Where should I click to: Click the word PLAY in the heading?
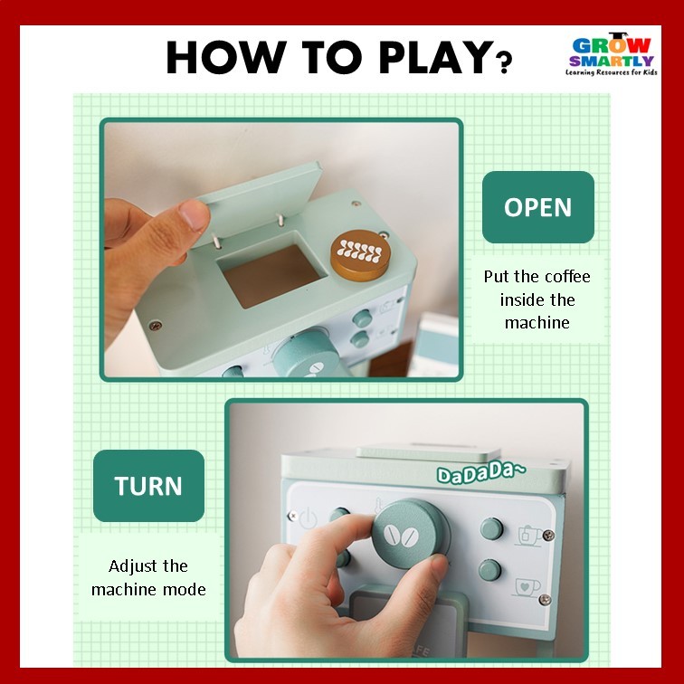pyautogui.click(x=435, y=57)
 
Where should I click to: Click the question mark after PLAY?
pyautogui.click(x=503, y=62)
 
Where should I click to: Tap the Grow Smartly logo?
pyautogui.click(x=612, y=54)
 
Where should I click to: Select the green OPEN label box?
pyautogui.click(x=537, y=207)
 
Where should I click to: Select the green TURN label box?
pyautogui.click(x=148, y=486)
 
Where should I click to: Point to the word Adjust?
pyautogui.click(x=130, y=566)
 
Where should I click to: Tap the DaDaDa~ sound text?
pyautogui.click(x=481, y=472)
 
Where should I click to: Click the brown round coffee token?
pyautogui.click(x=360, y=255)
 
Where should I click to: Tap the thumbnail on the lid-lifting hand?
pyautogui.click(x=195, y=215)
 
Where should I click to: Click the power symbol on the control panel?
pyautogui.click(x=308, y=518)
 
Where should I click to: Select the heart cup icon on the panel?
pyautogui.click(x=527, y=587)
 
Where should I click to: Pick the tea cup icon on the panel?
pyautogui.click(x=529, y=536)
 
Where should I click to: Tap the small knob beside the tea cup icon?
pyautogui.click(x=491, y=528)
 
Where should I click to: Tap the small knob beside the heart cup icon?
pyautogui.click(x=489, y=570)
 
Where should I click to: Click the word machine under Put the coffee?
pyautogui.click(x=537, y=323)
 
